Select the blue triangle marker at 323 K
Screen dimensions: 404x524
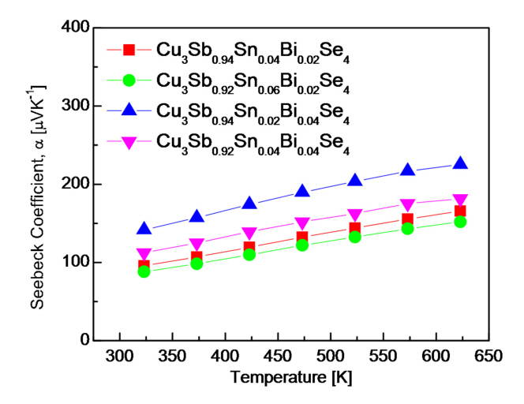click(144, 229)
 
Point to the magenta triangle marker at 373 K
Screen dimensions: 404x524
click(196, 245)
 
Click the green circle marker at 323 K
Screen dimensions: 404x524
click(144, 271)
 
